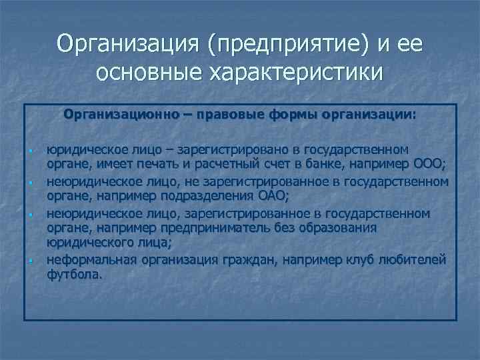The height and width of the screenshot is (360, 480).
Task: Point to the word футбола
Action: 75,274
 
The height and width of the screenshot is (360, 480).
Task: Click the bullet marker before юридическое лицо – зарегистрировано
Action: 31,150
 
